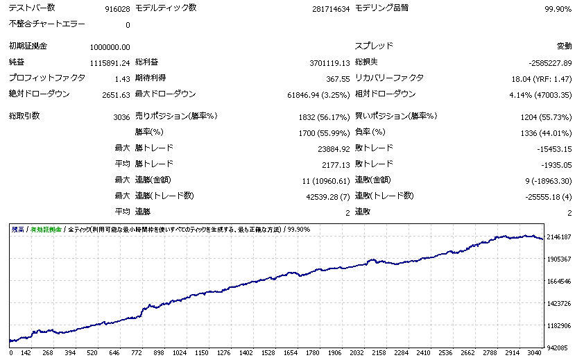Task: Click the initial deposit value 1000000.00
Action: click(110, 46)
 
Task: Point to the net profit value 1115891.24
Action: click(110, 62)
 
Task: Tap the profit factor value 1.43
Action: click(122, 78)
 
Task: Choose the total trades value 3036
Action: click(121, 117)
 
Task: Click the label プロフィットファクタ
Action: click(47, 78)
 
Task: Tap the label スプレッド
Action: click(374, 46)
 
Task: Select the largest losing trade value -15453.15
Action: click(550, 148)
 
